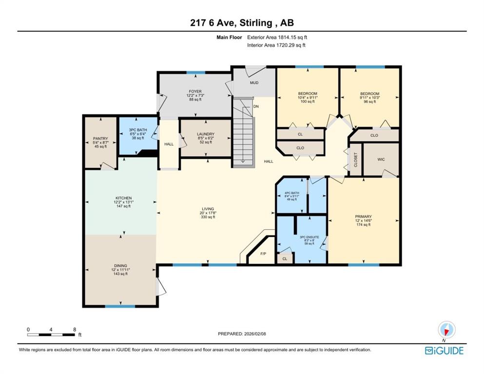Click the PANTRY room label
click(100, 139)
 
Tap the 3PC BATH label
click(137, 130)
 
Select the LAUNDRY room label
click(206, 134)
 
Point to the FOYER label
click(195, 92)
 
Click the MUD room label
click(254, 83)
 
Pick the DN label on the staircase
click(256, 106)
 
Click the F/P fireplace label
click(263, 254)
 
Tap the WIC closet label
click(381, 159)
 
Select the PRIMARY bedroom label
click(363, 216)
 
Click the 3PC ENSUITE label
click(310, 237)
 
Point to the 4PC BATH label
click(291, 193)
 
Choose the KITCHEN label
click(123, 198)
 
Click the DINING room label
click(120, 266)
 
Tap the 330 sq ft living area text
click(208, 217)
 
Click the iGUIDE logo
click(444, 351)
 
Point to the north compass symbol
click(446, 330)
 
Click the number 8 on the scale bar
click(75, 329)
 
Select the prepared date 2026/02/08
click(255, 334)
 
